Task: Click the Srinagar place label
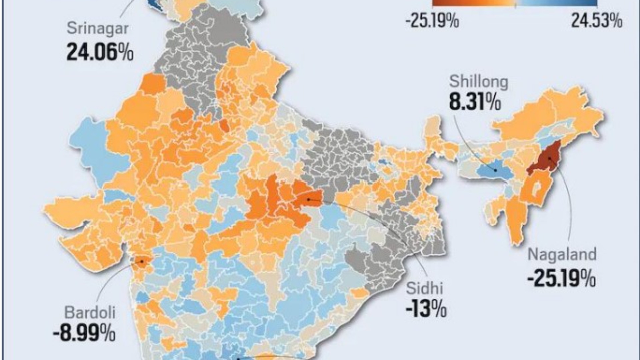(x=98, y=28)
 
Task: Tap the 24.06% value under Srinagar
(x=100, y=53)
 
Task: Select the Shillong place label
(x=479, y=82)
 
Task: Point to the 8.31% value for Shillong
(x=475, y=102)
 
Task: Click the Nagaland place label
(x=562, y=255)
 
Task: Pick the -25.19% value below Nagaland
(x=561, y=279)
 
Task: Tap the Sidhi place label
(x=424, y=288)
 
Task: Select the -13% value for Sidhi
(x=426, y=309)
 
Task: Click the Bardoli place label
(x=90, y=313)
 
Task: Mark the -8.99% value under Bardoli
(x=84, y=333)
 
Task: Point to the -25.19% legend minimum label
(x=432, y=21)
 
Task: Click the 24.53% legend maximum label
(x=597, y=21)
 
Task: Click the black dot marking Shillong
(x=495, y=170)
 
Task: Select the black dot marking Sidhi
(x=308, y=199)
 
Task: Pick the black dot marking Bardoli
(x=142, y=262)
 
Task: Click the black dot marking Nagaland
(x=548, y=158)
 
